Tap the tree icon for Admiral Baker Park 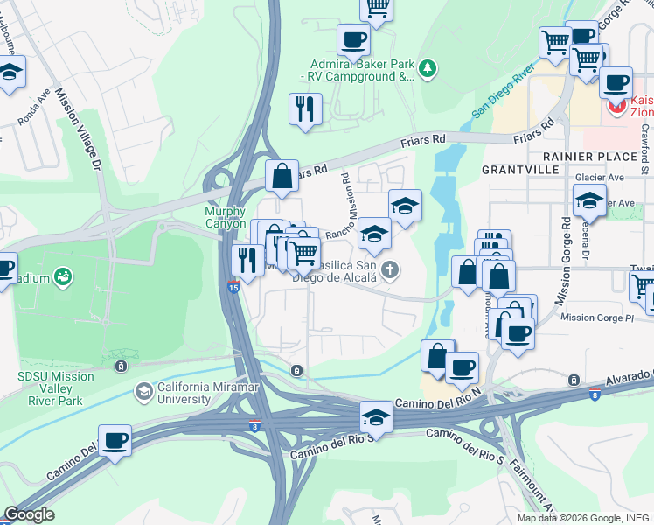(428, 68)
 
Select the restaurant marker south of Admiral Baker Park (305, 109)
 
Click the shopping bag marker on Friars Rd (282, 177)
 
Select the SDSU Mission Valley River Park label (57, 383)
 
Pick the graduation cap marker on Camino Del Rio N (376, 416)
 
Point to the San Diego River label (503, 90)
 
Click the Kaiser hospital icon (616, 106)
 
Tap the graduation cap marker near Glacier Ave (589, 201)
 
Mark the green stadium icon (62, 278)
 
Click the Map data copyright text (583, 518)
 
